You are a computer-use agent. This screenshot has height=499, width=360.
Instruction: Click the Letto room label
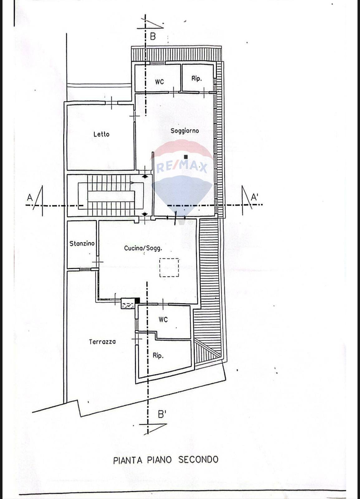[101, 134]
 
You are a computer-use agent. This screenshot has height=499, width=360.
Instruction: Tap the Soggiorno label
[185, 131]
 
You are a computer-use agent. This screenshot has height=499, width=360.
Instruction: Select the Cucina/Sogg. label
[143, 248]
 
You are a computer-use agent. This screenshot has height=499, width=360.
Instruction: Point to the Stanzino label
[82, 244]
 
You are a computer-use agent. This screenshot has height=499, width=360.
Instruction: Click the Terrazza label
[102, 342]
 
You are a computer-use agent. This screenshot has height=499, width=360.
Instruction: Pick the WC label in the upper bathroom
[159, 82]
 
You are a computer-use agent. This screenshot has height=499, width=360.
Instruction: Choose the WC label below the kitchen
[163, 320]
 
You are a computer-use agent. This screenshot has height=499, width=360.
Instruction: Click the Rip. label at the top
[196, 79]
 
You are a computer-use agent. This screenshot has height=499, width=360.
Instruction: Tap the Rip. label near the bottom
[158, 356]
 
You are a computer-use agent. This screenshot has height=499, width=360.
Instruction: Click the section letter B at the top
[153, 36]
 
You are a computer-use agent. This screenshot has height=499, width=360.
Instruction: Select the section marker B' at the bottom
[162, 414]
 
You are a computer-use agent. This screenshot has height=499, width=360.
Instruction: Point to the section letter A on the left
[30, 197]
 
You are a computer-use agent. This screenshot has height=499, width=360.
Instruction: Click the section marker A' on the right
[255, 197]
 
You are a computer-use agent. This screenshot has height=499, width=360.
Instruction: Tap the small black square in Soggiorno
[186, 157]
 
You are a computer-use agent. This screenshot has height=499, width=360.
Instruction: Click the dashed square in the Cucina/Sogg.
[169, 267]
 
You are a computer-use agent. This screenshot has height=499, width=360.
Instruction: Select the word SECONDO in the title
[198, 459]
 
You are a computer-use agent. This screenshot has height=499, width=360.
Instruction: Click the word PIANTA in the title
[127, 460]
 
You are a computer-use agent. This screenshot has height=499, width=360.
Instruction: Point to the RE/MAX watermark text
[182, 167]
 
